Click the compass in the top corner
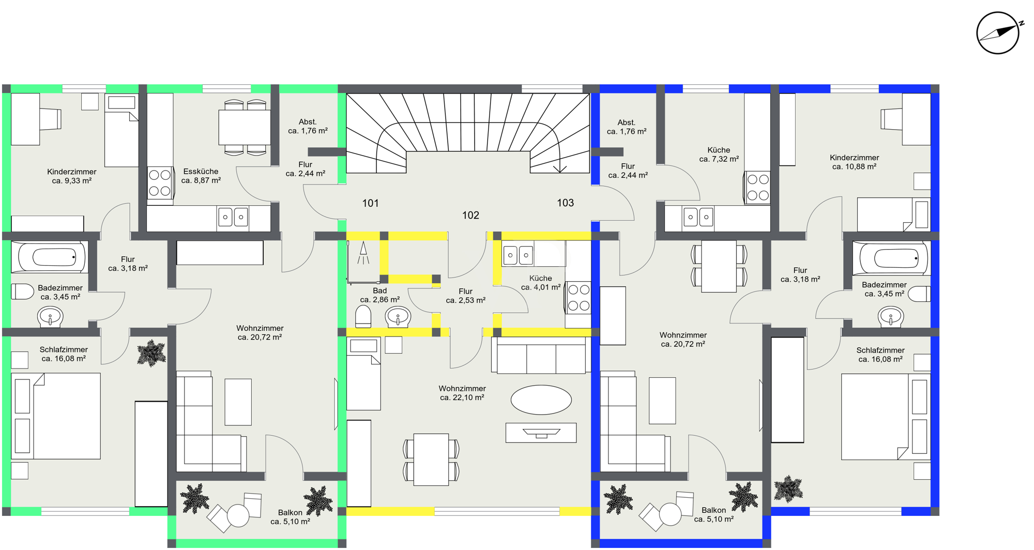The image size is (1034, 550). tap(998, 33)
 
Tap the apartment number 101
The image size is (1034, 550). tap(370, 203)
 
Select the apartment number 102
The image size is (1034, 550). tap(470, 215)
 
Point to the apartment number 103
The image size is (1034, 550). tap(565, 203)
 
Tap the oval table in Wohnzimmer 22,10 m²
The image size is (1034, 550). tap(541, 400)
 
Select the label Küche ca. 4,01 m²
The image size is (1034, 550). tap(540, 283)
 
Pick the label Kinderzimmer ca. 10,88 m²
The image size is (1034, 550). tap(854, 162)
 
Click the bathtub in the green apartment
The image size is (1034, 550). tap(50, 257)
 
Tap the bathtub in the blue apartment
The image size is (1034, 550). tap(892, 257)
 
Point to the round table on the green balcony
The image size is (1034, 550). tap(238, 515)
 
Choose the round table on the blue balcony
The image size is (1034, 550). tap(670, 514)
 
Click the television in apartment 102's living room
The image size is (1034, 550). tap(541, 433)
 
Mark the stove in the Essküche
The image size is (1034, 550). tap(160, 183)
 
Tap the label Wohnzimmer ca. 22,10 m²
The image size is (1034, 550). tap(462, 393)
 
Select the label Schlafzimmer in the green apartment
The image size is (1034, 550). tap(64, 349)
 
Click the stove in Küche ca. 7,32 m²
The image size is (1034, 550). tap(757, 188)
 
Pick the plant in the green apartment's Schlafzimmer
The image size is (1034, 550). tap(151, 353)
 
